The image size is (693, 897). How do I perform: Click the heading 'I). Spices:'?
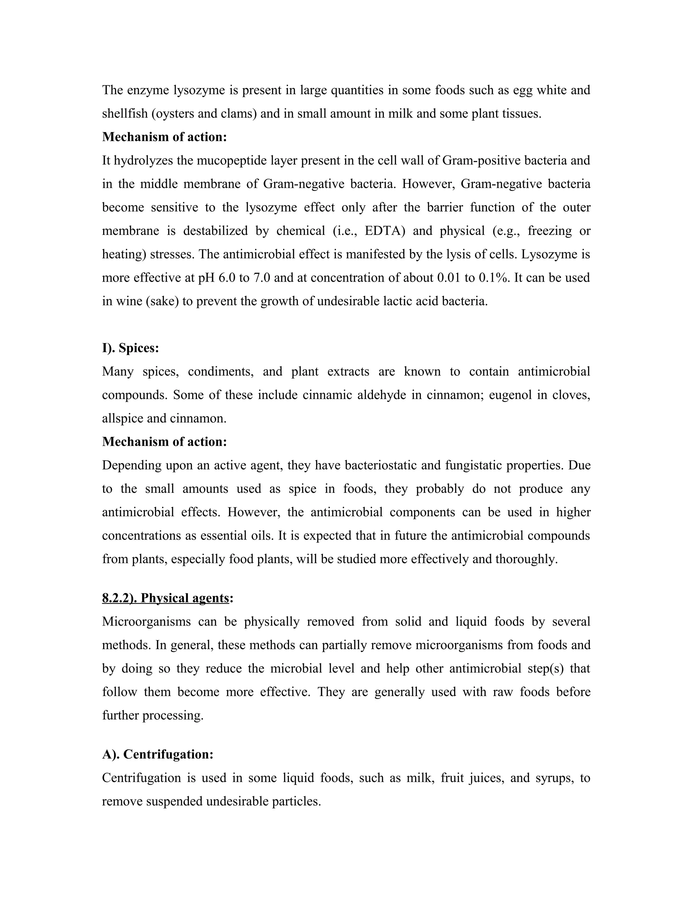pyautogui.click(x=131, y=348)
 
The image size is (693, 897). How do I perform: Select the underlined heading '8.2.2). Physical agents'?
pyautogui.click(x=165, y=598)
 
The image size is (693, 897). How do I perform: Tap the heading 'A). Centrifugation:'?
pyautogui.click(x=158, y=754)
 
